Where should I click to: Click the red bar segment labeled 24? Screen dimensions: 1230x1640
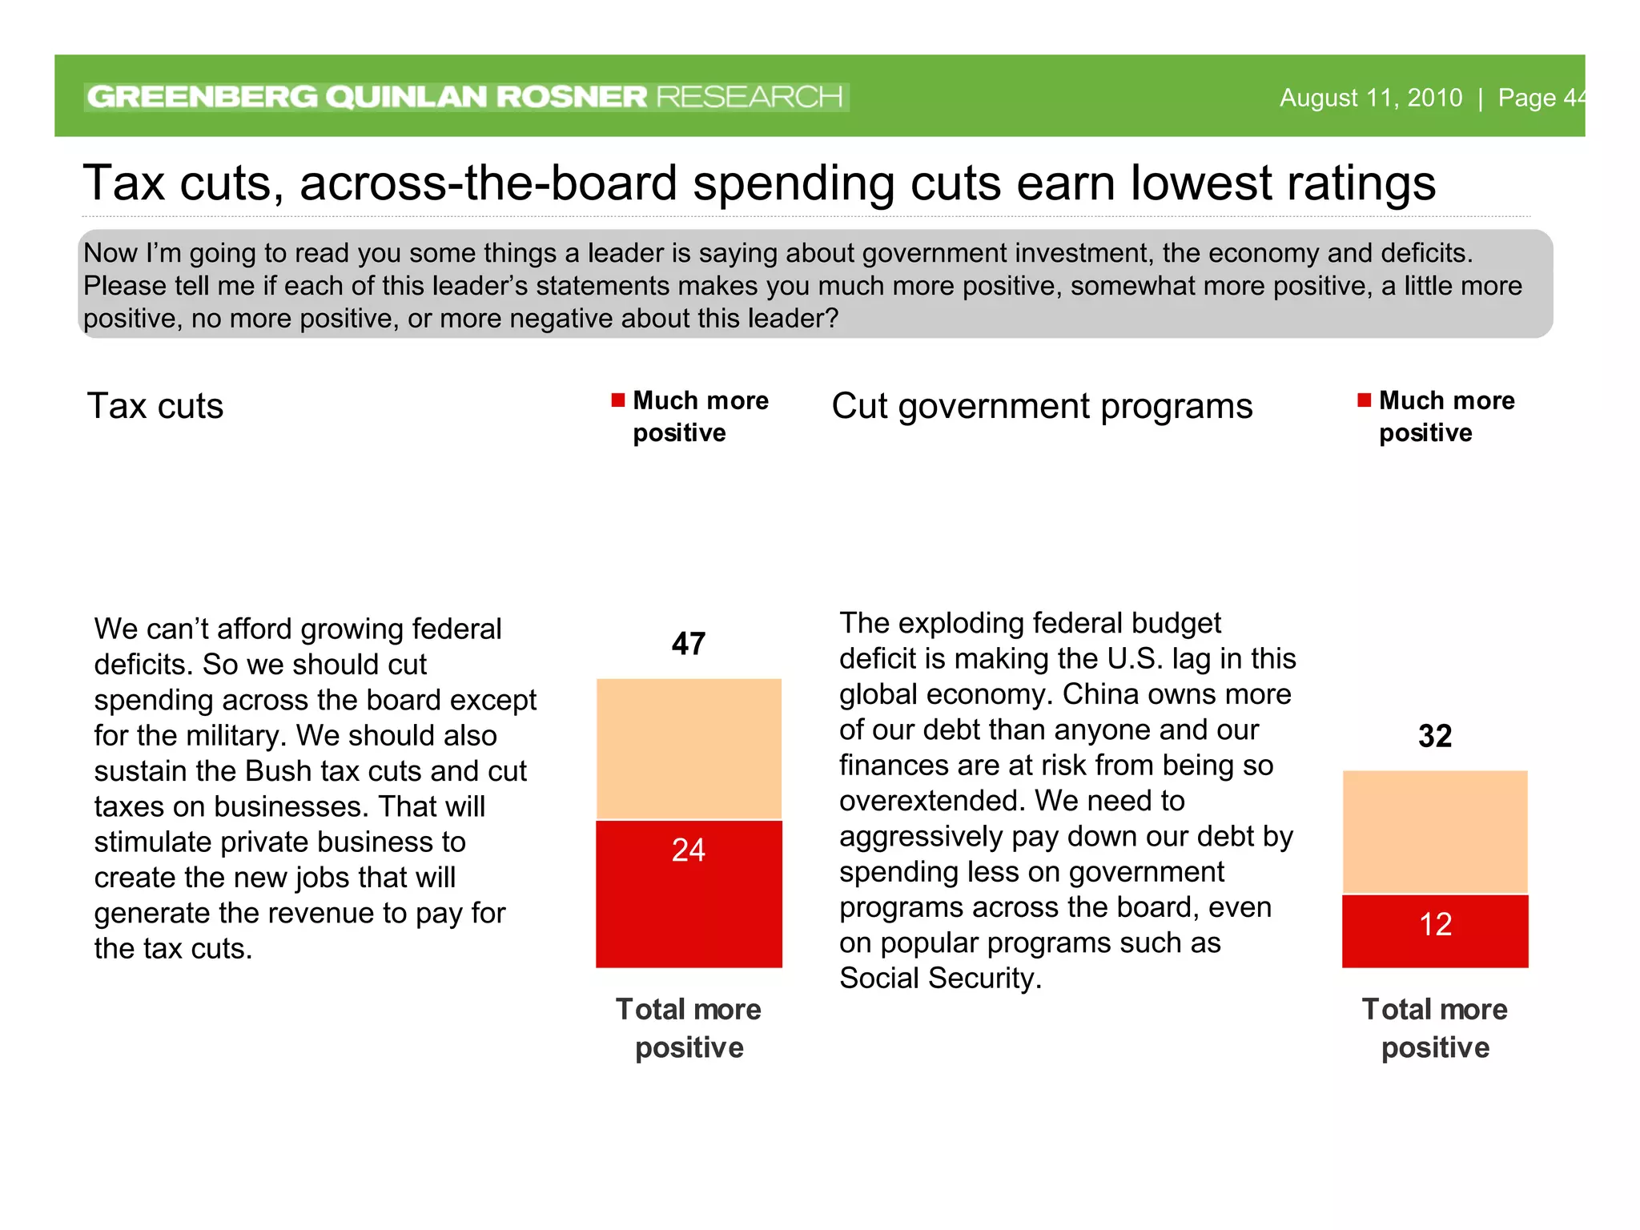[689, 893]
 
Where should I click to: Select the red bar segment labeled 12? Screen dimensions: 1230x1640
[1435, 931]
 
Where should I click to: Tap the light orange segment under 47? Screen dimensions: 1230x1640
[689, 749]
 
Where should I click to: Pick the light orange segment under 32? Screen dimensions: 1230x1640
[1435, 831]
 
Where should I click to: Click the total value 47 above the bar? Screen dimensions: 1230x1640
[689, 644]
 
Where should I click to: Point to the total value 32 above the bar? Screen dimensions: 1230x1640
[1435, 736]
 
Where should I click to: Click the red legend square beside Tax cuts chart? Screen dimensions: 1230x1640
[618, 400]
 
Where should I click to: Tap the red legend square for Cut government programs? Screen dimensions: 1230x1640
[1365, 400]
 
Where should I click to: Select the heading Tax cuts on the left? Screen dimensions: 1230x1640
[155, 406]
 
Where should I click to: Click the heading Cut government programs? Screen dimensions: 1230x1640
[1042, 406]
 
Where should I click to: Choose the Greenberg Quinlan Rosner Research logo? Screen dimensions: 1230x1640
[466, 97]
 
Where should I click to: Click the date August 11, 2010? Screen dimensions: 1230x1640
[1371, 98]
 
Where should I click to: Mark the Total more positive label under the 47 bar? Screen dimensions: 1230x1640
[689, 1027]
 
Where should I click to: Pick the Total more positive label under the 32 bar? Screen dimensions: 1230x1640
[1435, 1027]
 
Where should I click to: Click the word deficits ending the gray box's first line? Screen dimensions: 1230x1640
[1416, 253]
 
